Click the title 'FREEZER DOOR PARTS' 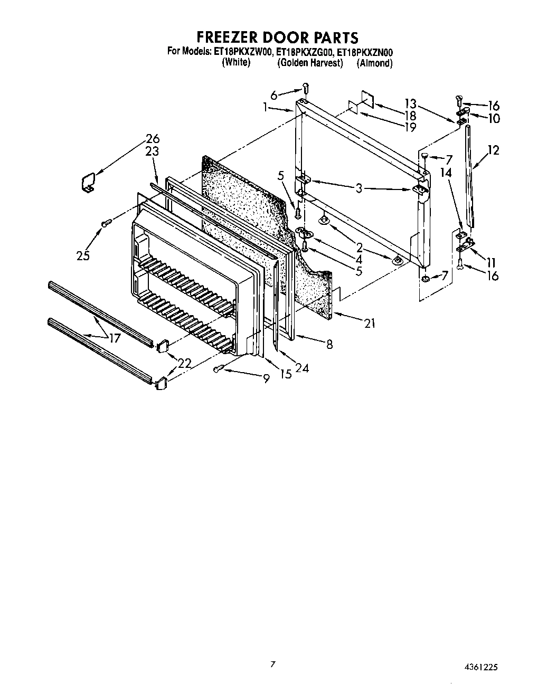(x=277, y=37)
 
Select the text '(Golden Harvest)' (x=310, y=63)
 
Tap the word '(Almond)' (x=374, y=63)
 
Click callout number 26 (x=153, y=139)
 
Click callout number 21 (x=370, y=323)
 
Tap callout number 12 (x=493, y=150)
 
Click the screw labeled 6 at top (x=305, y=88)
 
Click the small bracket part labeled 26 (x=88, y=183)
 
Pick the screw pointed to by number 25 (x=106, y=224)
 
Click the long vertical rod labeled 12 (x=469, y=174)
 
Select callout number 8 (x=329, y=345)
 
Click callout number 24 (x=302, y=368)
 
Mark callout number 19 (x=410, y=127)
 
